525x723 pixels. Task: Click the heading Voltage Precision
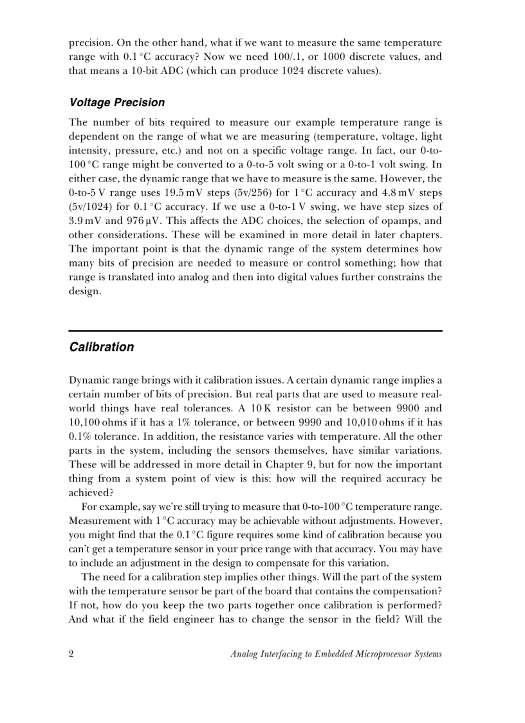tap(116, 102)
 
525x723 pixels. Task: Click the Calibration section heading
tap(101, 347)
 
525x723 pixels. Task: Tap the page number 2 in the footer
tap(71, 654)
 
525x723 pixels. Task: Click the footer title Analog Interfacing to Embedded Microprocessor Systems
tap(336, 654)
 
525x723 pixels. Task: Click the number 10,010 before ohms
tap(345, 422)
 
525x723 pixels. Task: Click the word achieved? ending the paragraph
tap(91, 493)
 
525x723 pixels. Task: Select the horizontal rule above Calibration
tap(255, 331)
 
